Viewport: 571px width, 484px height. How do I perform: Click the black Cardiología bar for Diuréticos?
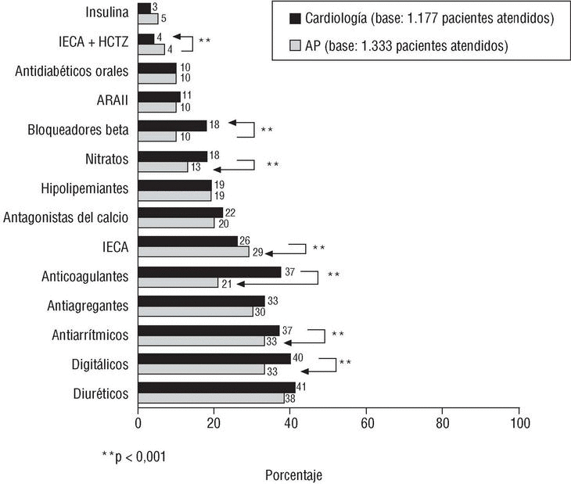(217, 387)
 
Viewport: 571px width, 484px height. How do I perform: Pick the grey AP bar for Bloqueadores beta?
(156, 137)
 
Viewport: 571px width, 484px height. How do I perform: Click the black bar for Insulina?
(144, 8)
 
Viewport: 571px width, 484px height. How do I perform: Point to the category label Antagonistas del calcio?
(66, 217)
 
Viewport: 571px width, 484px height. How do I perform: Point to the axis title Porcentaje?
(293, 475)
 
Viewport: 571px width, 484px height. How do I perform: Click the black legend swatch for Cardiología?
(296, 18)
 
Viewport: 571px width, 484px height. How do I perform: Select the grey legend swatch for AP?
(296, 46)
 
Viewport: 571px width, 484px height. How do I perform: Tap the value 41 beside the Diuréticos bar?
(301, 387)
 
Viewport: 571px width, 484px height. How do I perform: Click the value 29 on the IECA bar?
(257, 253)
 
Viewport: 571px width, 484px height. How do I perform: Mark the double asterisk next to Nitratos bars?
(272, 165)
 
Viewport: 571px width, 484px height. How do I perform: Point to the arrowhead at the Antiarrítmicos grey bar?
(288, 342)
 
